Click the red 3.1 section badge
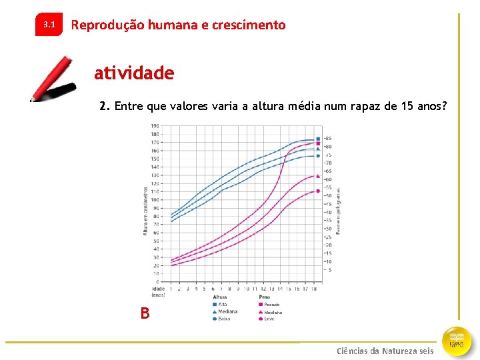click(49, 25)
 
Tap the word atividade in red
click(134, 73)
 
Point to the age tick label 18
click(313, 289)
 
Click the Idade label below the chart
click(158, 289)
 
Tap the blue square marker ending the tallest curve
click(318, 139)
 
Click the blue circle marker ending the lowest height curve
click(318, 156)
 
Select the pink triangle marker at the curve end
click(318, 176)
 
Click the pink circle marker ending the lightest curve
click(318, 191)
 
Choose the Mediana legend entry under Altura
click(226, 311)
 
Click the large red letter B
click(145, 313)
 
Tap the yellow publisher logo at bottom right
click(457, 340)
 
